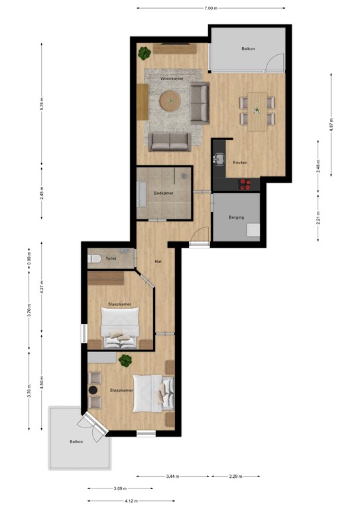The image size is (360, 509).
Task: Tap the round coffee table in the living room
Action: point(170,101)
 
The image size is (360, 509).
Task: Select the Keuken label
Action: point(241,162)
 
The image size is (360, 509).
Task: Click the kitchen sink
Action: point(218,159)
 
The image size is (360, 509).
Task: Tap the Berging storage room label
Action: point(237,217)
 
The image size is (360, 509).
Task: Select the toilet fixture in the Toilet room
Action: point(94,259)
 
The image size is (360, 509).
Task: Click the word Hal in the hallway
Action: point(159,260)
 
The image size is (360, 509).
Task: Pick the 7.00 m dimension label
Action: point(210,9)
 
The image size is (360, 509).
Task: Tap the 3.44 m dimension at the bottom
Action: point(173,476)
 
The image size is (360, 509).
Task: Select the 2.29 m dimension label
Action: point(235,476)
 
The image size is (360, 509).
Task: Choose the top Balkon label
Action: point(249,48)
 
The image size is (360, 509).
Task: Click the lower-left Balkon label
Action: point(77,441)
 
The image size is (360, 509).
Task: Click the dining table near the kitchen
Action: point(257,110)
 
